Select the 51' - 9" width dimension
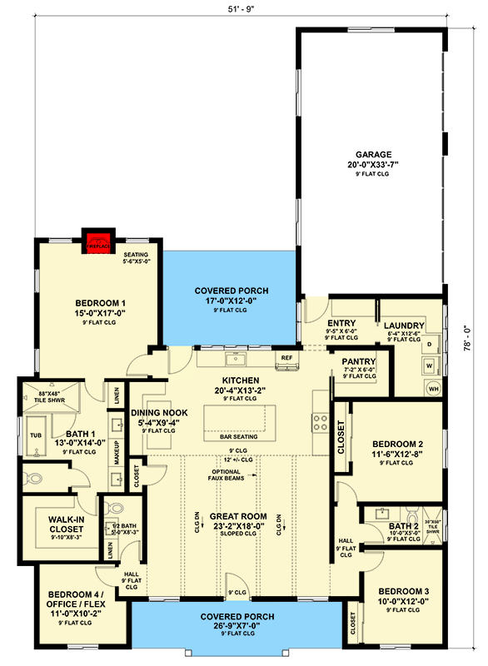click(240, 9)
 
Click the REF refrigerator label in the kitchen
click(286, 357)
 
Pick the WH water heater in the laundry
click(433, 387)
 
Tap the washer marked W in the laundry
click(429, 365)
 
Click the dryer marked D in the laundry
click(429, 344)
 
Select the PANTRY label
click(360, 361)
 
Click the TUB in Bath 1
click(36, 435)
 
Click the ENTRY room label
click(341, 323)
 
